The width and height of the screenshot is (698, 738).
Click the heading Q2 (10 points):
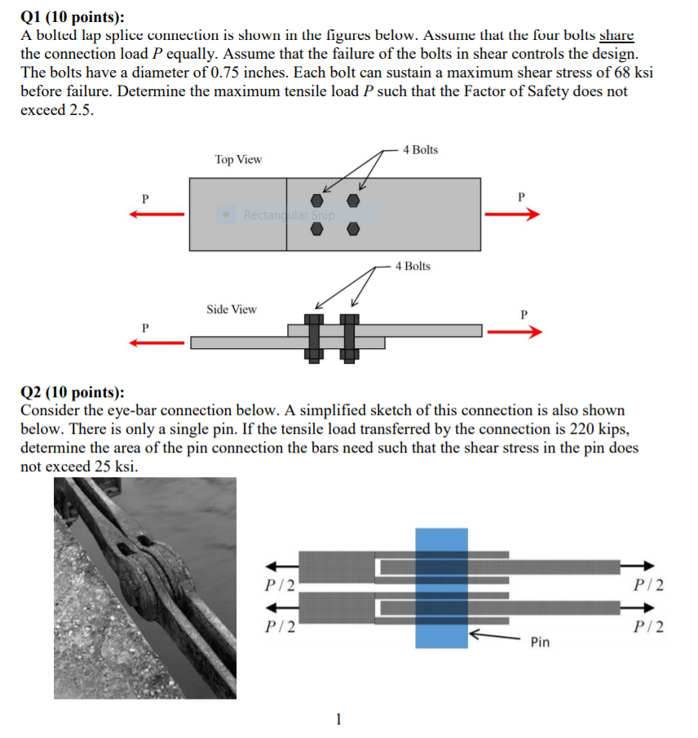73,392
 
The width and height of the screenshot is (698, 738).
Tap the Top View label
238,160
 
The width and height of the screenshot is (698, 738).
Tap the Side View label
231,309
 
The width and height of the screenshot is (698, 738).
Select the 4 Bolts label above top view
420,149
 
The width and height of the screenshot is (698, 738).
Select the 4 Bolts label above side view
413,266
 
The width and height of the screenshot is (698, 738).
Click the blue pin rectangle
441,587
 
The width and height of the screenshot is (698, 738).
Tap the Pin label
540,643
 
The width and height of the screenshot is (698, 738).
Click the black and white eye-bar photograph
145,587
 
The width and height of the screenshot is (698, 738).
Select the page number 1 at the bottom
339,719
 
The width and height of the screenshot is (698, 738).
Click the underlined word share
616,36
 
